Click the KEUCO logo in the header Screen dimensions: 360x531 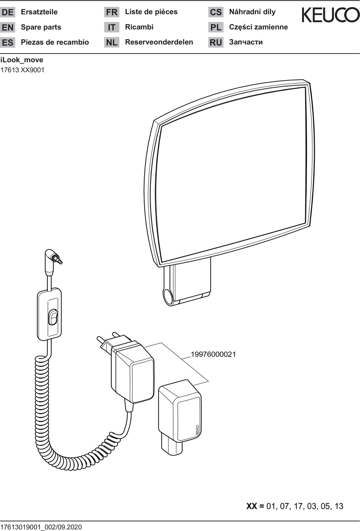tap(331, 15)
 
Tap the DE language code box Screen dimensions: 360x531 tap(7, 12)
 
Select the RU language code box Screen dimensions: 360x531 tap(216, 43)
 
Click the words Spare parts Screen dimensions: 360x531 tap(41, 27)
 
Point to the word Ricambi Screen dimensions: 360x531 tap(139, 27)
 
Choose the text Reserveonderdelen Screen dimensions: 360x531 tap(159, 42)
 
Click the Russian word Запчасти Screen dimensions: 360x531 tap(246, 42)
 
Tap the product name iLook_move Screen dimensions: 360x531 tap(22, 60)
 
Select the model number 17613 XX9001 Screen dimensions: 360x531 tap(22, 70)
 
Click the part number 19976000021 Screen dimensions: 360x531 tap(213, 354)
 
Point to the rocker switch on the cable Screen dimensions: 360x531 tap(53, 317)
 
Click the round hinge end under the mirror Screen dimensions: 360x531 tap(169, 297)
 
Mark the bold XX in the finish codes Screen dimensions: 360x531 tap(251, 506)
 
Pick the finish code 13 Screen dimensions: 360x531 tap(339, 506)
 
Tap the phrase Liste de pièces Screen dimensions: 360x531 tap(151, 12)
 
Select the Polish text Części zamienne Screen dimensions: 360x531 tap(259, 27)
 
